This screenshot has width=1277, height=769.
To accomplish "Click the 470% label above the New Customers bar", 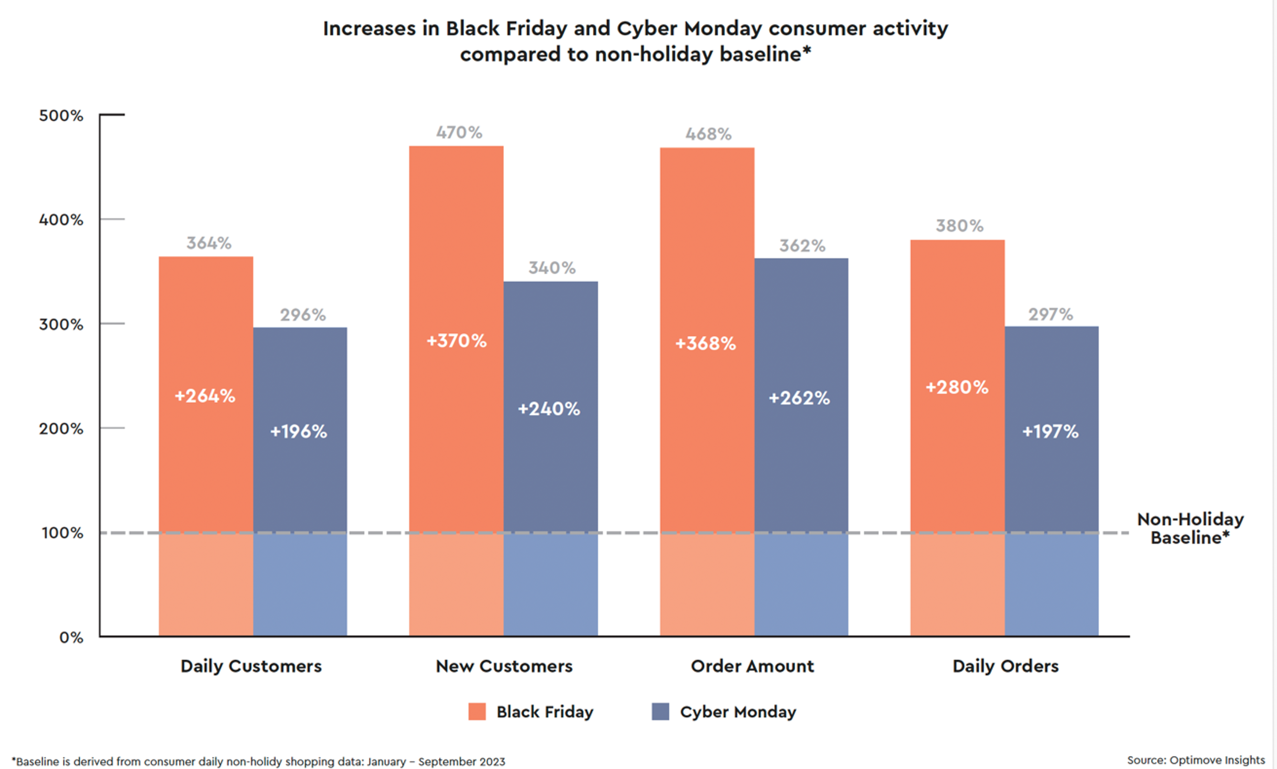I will coord(459,133).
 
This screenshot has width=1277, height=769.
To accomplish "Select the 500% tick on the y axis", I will coord(61,116).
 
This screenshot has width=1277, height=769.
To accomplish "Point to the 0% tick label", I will coord(71,638).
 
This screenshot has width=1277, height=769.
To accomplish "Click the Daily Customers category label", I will coord(251,666).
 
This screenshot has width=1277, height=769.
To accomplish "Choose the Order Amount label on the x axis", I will coord(752,666).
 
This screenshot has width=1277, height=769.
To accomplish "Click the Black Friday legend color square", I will coord(477,712).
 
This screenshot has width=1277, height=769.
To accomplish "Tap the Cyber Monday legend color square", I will coord(660,712).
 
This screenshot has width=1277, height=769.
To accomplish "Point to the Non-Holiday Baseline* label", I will coord(1190,529).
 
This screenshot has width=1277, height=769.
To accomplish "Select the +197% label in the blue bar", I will coord(1050,432).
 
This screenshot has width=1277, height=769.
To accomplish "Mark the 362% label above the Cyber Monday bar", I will coord(802,246).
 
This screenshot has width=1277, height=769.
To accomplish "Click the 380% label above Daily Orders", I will coord(959,226).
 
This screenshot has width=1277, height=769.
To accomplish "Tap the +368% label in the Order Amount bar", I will coord(705,343).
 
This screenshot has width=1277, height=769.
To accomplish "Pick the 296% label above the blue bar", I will coord(303,315).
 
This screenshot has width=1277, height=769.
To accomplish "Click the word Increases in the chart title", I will coord(369,28).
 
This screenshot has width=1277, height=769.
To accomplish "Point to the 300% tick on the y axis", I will coord(61,324).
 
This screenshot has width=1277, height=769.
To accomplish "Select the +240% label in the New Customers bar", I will coord(549,409).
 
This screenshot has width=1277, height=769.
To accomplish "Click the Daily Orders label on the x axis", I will coord(1005,666).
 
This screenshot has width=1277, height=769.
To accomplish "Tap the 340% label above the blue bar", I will coord(552,268).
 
